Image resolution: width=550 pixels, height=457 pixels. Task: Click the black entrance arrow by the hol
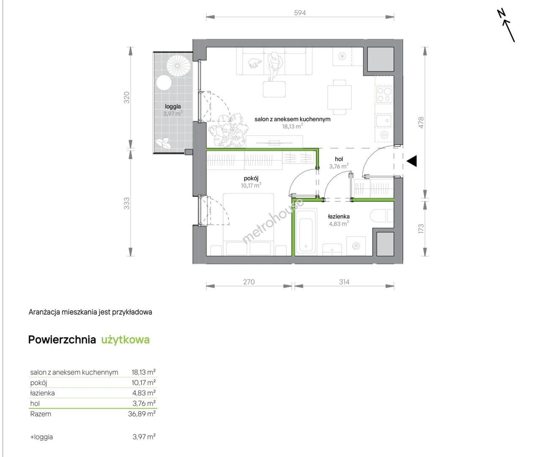click(x=412, y=161)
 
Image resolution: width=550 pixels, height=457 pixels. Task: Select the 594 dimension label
click(x=300, y=13)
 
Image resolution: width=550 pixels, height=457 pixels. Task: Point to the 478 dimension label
click(x=421, y=123)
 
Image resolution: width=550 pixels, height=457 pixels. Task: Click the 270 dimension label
click(x=249, y=282)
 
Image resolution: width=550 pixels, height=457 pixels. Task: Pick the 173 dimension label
click(x=421, y=228)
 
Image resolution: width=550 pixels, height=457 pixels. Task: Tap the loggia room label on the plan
click(x=173, y=106)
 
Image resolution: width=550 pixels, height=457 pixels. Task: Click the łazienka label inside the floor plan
click(x=339, y=217)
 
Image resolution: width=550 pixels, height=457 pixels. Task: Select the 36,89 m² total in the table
click(x=142, y=414)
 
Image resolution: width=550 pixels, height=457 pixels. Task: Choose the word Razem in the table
click(x=41, y=414)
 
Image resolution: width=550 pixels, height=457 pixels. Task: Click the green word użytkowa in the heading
click(x=126, y=340)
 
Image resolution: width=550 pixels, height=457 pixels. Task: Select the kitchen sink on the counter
click(x=384, y=121)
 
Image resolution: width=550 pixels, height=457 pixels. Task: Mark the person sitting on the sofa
click(x=275, y=65)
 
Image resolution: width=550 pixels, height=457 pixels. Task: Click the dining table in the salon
click(x=339, y=97)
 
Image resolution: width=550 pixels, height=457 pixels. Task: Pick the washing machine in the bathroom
click(x=356, y=246)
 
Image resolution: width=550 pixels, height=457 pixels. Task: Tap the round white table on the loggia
click(x=164, y=83)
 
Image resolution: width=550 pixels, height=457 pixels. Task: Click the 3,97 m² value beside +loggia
click(x=144, y=437)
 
